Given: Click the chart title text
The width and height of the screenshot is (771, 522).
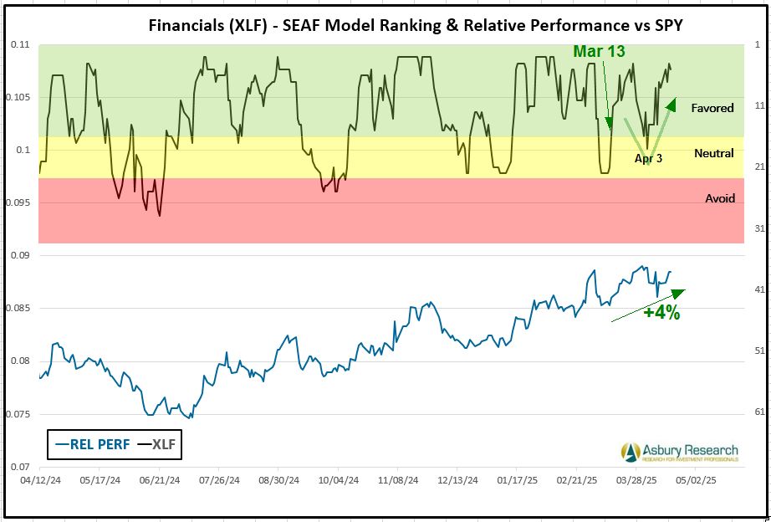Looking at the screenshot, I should click(x=415, y=24).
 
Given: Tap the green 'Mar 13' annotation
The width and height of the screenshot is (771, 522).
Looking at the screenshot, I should click(x=599, y=52).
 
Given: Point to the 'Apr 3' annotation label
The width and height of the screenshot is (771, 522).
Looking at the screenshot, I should click(x=648, y=157).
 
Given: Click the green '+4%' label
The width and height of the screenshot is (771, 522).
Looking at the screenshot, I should click(x=661, y=313).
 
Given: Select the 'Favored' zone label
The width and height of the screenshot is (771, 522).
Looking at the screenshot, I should click(x=712, y=108).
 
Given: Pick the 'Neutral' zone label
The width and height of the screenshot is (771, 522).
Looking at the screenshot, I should click(x=714, y=153).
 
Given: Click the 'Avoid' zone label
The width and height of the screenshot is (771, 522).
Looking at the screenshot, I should click(x=720, y=198).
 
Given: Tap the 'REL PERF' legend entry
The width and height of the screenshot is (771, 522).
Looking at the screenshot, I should click(x=92, y=444).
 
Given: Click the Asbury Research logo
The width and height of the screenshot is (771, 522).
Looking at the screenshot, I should click(x=680, y=452).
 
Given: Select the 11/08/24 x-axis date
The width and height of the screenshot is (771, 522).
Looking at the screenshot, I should click(x=397, y=482).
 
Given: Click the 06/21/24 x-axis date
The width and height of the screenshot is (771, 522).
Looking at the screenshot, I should click(x=158, y=482).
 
